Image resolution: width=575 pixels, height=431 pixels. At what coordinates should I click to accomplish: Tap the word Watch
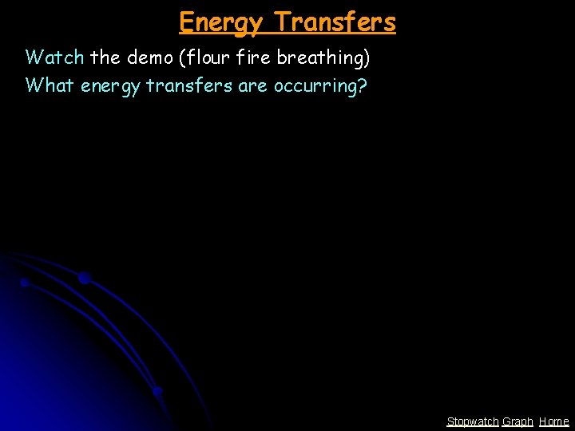(55, 57)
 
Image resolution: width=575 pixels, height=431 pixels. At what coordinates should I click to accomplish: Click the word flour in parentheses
(207, 57)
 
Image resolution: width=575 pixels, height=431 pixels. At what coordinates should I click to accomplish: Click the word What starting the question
(50, 85)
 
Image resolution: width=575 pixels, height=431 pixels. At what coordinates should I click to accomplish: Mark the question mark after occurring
(363, 85)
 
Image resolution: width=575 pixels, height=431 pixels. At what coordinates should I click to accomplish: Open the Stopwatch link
(472, 421)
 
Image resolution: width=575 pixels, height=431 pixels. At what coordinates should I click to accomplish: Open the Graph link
(517, 421)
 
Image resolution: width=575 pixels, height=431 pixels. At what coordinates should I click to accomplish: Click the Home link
(553, 421)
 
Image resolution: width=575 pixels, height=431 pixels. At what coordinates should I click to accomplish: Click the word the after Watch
(105, 57)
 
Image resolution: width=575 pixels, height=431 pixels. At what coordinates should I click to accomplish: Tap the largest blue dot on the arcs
(84, 278)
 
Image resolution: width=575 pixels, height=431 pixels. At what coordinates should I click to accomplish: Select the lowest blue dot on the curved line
(158, 391)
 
